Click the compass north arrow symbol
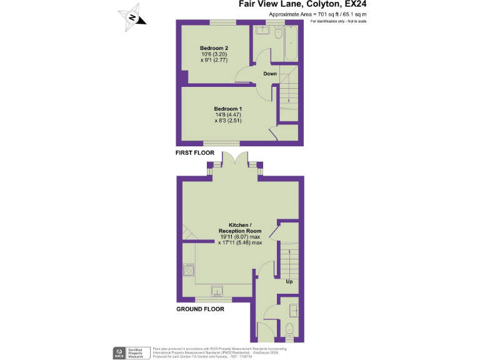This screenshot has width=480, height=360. (133, 17)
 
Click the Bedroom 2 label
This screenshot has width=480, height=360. (214, 48)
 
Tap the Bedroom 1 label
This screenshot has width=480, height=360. (229, 109)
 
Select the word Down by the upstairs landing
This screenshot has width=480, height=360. (270, 74)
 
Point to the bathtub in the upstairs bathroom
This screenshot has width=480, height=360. (290, 44)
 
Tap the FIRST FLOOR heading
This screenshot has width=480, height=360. (195, 153)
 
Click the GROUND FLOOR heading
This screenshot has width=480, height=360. (200, 309)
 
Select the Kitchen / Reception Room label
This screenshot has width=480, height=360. (240, 227)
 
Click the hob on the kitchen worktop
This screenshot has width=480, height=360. (188, 270)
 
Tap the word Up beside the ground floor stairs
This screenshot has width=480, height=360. (289, 281)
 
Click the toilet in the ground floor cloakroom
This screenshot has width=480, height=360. (289, 329)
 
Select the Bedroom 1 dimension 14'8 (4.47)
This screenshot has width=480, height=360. (229, 115)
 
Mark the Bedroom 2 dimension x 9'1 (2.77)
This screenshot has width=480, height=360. (214, 61)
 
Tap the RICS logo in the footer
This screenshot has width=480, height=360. (117, 352)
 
